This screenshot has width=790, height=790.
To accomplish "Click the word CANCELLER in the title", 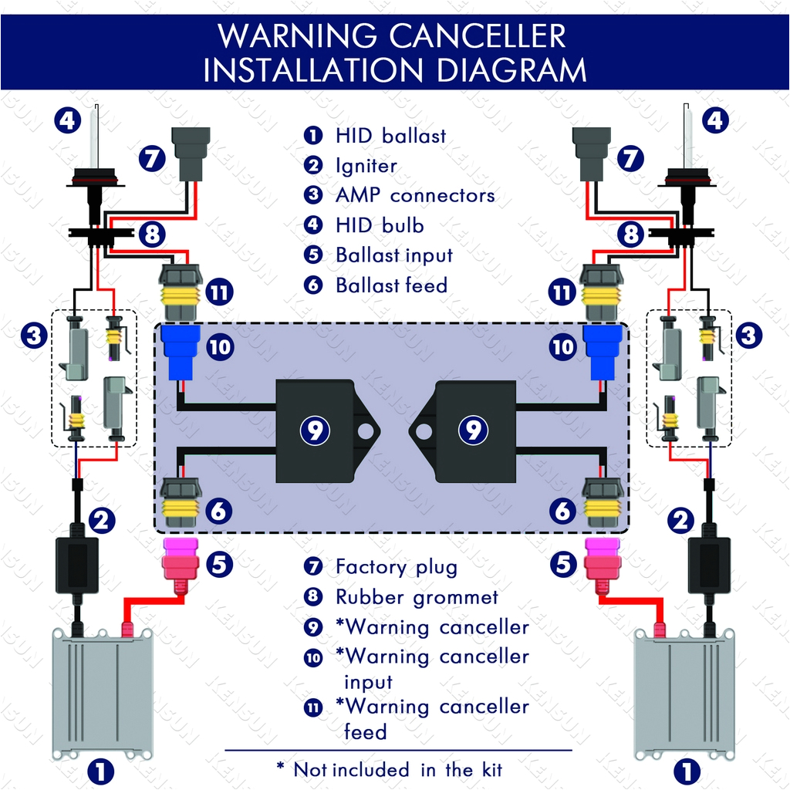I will (464, 36).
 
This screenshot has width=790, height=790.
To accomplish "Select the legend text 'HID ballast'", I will (390, 136).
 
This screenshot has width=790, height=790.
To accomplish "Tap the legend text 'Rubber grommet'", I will (417, 597).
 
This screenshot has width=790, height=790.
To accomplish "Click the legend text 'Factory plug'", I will (396, 567).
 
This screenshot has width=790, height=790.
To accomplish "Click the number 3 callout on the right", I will (749, 336).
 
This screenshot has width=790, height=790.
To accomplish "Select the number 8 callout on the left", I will (152, 234).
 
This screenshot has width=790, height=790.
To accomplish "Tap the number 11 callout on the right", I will (562, 292).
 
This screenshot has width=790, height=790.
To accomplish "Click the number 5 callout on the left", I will (219, 565).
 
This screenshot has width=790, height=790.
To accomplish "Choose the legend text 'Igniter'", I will (366, 166).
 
